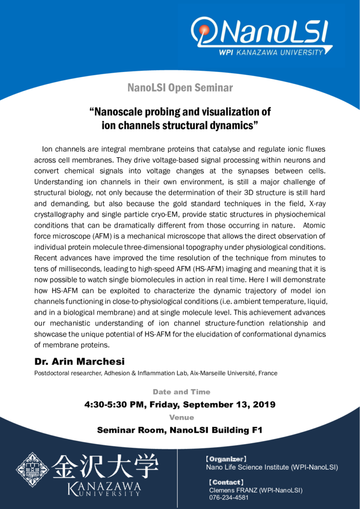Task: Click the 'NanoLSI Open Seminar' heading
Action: click(180, 88)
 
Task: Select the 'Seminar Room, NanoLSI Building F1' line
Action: click(180, 429)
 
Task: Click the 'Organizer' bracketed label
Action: click(226, 459)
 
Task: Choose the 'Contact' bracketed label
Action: click(226, 482)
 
